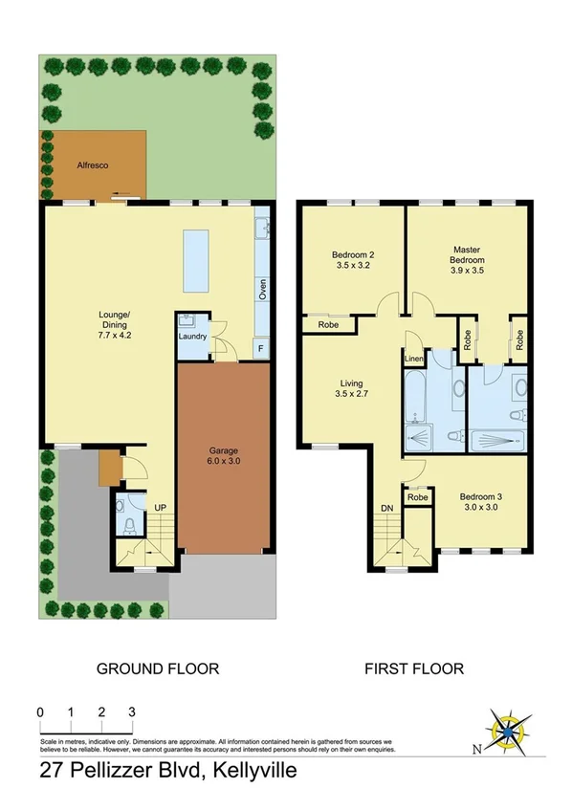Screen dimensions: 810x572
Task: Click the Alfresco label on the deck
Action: point(93,165)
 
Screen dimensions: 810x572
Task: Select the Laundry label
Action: point(192,337)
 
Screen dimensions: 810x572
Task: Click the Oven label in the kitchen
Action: point(261,290)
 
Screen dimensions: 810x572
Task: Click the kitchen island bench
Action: point(198,262)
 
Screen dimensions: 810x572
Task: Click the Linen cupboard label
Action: point(413,359)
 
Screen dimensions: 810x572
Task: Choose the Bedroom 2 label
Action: point(351,260)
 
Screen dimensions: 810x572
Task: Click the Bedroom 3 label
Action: point(478,502)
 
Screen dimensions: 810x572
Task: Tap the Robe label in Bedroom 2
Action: point(326,326)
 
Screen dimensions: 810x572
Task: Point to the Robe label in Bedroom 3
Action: point(417,498)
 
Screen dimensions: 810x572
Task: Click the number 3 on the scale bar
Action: point(132,712)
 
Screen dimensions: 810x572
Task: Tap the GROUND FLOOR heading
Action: point(158,668)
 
